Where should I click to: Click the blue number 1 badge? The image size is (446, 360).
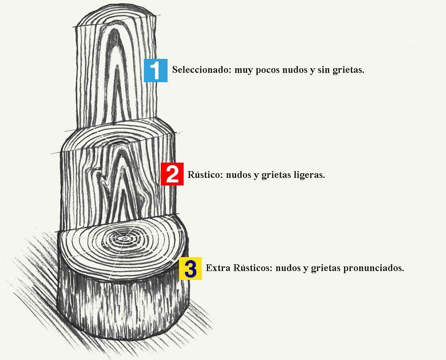point(156,70)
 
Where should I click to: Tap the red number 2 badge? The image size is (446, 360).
point(172,174)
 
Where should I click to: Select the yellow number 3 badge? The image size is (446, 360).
point(190,268)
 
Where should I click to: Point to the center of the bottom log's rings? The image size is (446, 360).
point(123,239)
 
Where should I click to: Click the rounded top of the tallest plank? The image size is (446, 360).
point(116,17)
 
